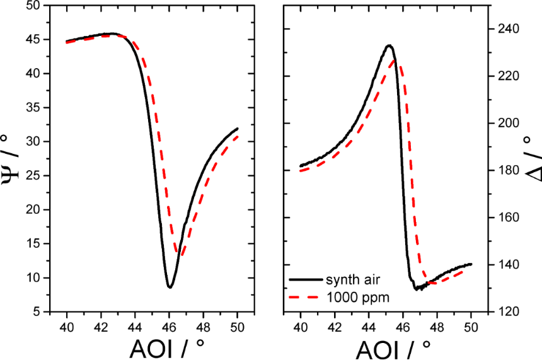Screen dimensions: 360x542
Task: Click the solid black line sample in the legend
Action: point(304,279)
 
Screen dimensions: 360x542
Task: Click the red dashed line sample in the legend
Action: point(304,296)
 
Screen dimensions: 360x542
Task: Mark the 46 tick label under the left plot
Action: point(169,326)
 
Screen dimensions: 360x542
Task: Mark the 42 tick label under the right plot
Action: point(335,326)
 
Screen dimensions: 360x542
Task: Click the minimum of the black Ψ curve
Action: point(170,287)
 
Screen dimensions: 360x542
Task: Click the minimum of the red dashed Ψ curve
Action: point(181,255)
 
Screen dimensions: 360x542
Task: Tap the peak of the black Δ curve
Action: point(389,45)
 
